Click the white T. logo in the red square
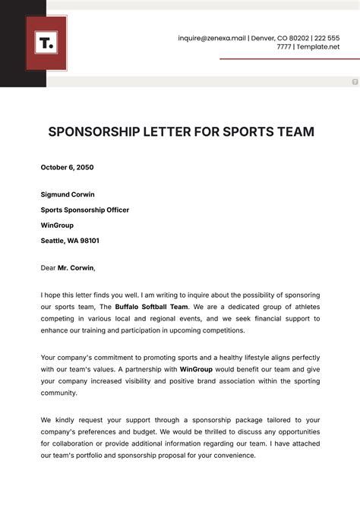pyautogui.click(x=46, y=43)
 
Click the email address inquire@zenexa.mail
pyautogui.click(x=212, y=38)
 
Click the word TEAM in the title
pyautogui.click(x=292, y=131)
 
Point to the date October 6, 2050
pyautogui.click(x=67, y=167)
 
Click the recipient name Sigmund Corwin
pyautogui.click(x=68, y=194)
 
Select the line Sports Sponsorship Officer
pyautogui.click(x=85, y=210)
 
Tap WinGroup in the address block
pyautogui.click(x=58, y=225)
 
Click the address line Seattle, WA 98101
pyautogui.click(x=70, y=241)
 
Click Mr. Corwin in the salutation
pyautogui.click(x=76, y=267)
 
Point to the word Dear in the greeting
pyautogui.click(x=49, y=267)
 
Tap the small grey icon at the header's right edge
pyautogui.click(x=355, y=81)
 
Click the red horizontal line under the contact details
pyautogui.click(x=289, y=58)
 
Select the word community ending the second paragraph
pyautogui.click(x=58, y=393)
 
